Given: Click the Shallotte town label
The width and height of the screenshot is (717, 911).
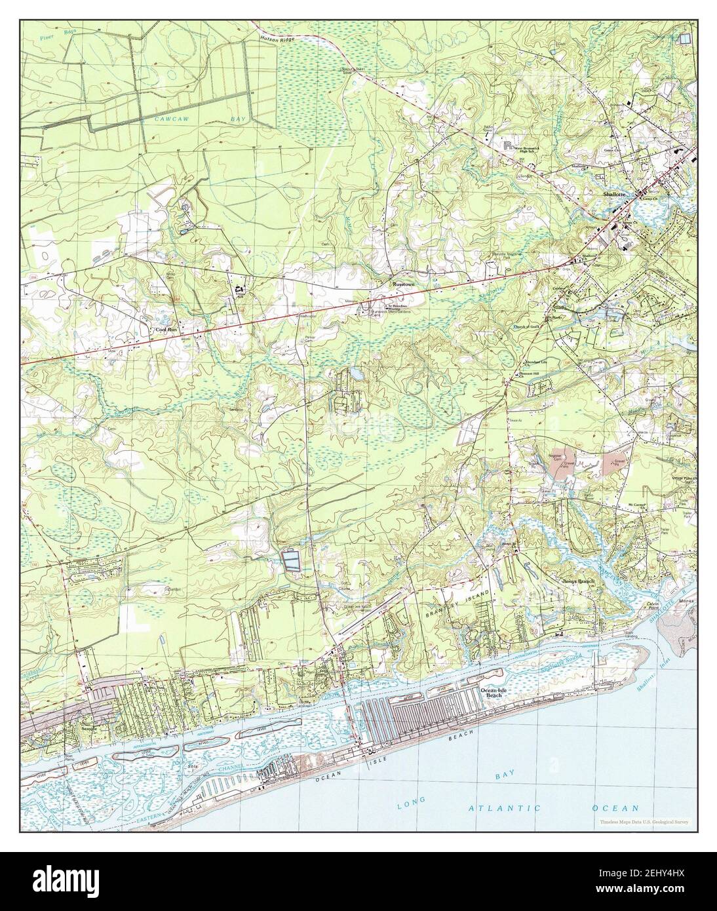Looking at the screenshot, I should (x=617, y=195).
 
